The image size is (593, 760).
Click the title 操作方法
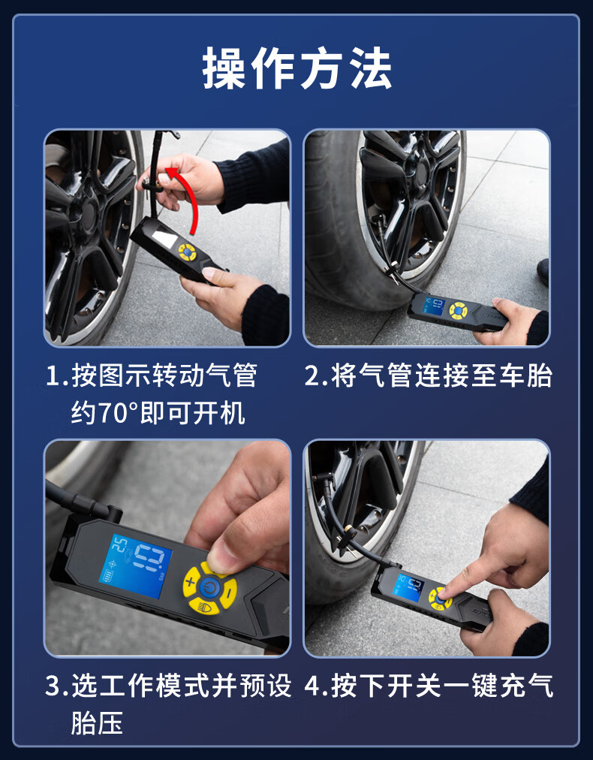click(x=296, y=68)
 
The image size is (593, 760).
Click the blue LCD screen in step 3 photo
click(x=135, y=565)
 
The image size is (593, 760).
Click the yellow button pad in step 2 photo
click(x=458, y=310)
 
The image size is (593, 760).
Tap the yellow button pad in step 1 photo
click(x=187, y=252)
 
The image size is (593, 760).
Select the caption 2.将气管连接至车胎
click(x=429, y=375)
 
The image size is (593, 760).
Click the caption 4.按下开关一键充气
click(x=429, y=686)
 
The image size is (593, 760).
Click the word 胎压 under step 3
click(x=97, y=722)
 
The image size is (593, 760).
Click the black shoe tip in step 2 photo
click(x=543, y=271)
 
